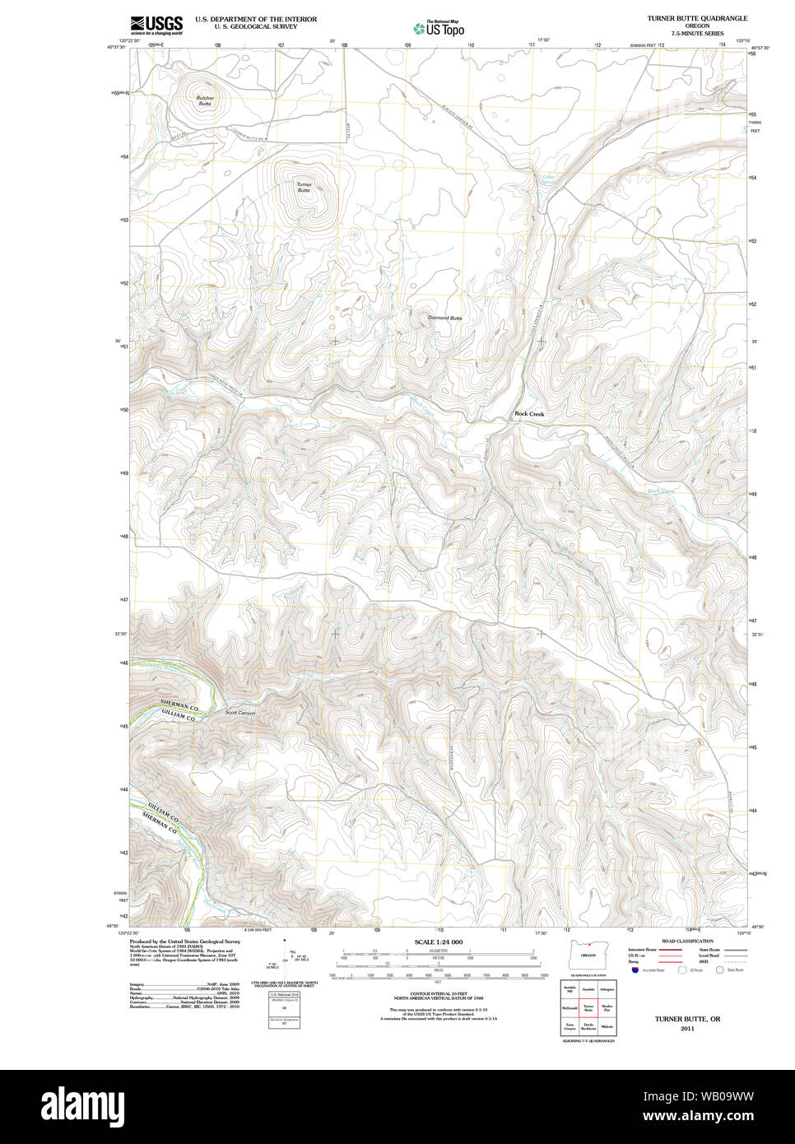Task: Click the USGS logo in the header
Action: pyautogui.click(x=156, y=24)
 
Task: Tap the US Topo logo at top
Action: pyautogui.click(x=439, y=29)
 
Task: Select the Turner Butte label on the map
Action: pyautogui.click(x=305, y=187)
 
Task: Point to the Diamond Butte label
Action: pyautogui.click(x=444, y=318)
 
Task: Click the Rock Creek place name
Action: pyautogui.click(x=529, y=414)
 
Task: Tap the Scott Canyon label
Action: pyautogui.click(x=240, y=713)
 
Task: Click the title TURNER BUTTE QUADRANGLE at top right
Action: pyautogui.click(x=696, y=18)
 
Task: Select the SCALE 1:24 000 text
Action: pyautogui.click(x=438, y=942)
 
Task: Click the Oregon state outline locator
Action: pyautogui.click(x=588, y=955)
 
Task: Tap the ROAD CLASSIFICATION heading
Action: pyautogui.click(x=686, y=941)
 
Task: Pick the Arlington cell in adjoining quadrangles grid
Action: pyautogui.click(x=607, y=988)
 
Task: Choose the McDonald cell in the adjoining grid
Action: pyautogui.click(x=570, y=1007)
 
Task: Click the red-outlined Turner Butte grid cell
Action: pyautogui.click(x=588, y=1007)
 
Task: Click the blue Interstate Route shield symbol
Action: pyautogui.click(x=635, y=970)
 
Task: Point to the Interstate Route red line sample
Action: pyautogui.click(x=671, y=950)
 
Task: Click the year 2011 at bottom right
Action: pyautogui.click(x=687, y=1028)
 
